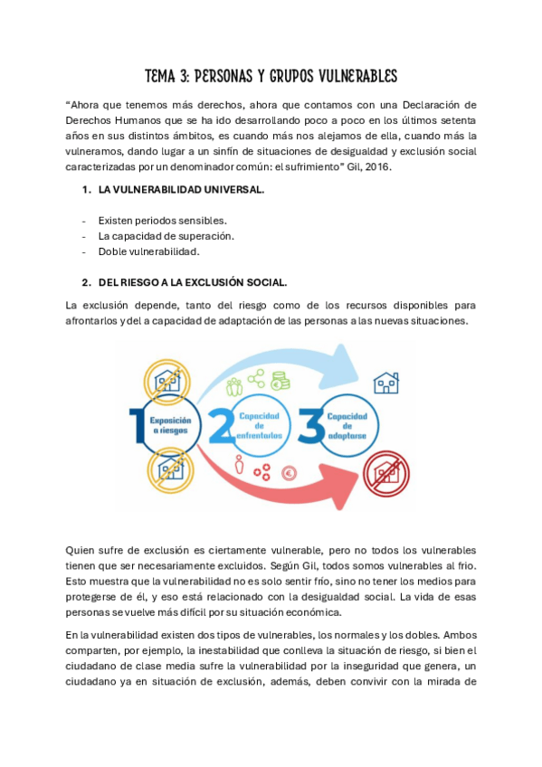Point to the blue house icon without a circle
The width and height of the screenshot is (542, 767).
click(x=386, y=382)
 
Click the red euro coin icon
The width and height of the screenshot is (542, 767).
click(x=292, y=471)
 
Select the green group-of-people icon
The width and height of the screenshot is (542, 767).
click(x=234, y=387)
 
